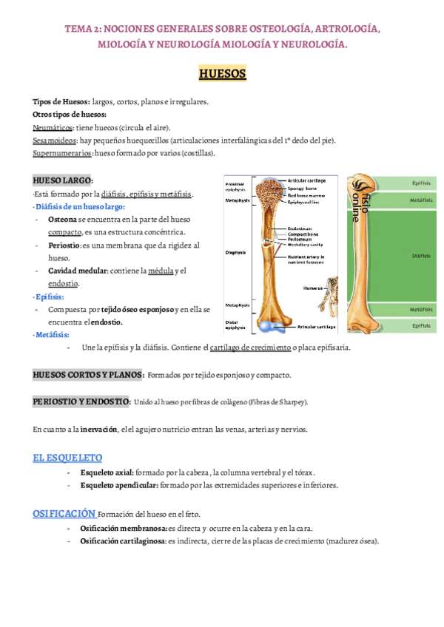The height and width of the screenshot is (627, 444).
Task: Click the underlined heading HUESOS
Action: (222, 75)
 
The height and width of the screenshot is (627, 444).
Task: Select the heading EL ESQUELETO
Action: (68, 458)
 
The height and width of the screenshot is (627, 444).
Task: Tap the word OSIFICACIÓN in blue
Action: (64, 513)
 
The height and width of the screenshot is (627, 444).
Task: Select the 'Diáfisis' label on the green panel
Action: (421, 256)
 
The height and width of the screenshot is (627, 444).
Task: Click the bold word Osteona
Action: (61, 220)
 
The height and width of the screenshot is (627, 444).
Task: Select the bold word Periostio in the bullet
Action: (64, 245)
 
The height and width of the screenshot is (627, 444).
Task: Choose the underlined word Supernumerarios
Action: (63, 153)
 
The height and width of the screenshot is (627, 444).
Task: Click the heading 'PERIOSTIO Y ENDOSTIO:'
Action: (82, 401)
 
